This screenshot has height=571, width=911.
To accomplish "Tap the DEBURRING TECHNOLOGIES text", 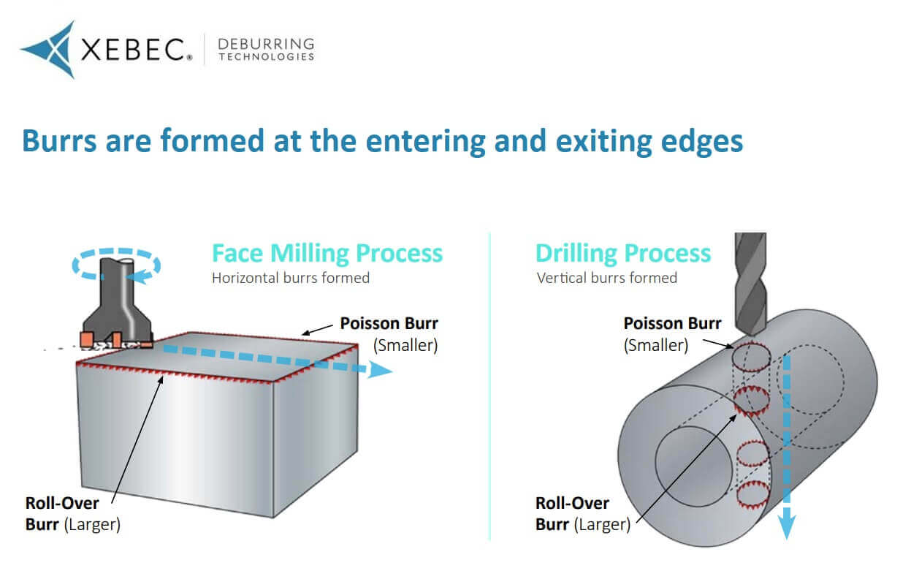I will pyautogui.click(x=267, y=50).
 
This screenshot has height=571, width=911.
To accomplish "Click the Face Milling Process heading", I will pyautogui.click(x=327, y=253).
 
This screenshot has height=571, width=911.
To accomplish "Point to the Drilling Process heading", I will pyautogui.click(x=622, y=253).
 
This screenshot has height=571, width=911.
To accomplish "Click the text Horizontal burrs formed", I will pyautogui.click(x=290, y=278).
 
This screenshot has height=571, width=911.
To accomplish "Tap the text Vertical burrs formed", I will pyautogui.click(x=606, y=278).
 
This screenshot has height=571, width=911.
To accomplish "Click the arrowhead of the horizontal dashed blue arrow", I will pyautogui.click(x=381, y=371).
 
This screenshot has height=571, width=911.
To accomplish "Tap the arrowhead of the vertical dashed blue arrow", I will pyautogui.click(x=787, y=528).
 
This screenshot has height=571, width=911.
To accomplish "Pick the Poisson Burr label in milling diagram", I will pyautogui.click(x=389, y=323).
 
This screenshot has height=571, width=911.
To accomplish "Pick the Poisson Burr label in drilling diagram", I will pyautogui.click(x=672, y=323).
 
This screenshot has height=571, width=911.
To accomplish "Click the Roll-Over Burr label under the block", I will pyautogui.click(x=72, y=513).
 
